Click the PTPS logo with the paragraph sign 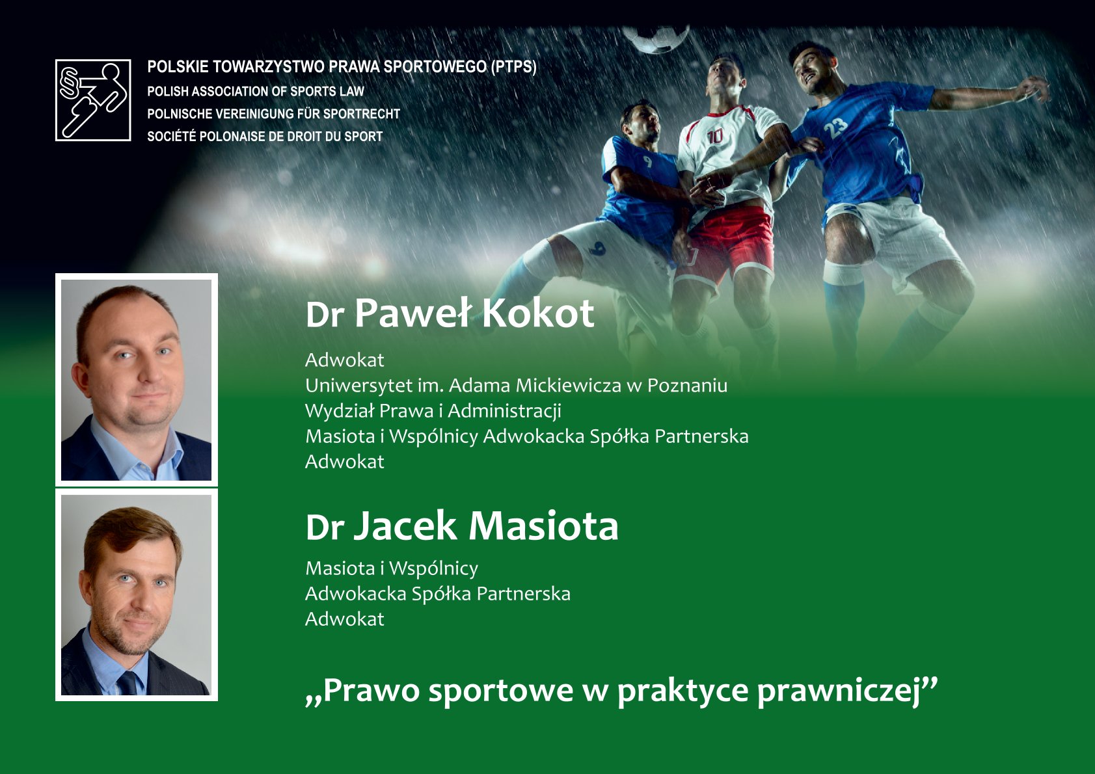pos(93,100)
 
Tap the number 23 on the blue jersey pos(836,127)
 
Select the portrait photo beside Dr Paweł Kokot pos(137,380)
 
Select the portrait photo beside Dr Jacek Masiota pos(137,594)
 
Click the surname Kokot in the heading pos(538,314)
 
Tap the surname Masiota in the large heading pos(543,526)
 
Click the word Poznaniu pos(687,386)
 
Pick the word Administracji pos(504,412)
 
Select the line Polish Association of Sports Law pos(256,91)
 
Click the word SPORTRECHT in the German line pos(362,114)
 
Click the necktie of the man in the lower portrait pos(128,683)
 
